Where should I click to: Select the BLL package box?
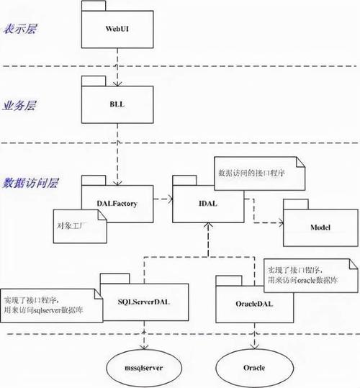click(x=117, y=104)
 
